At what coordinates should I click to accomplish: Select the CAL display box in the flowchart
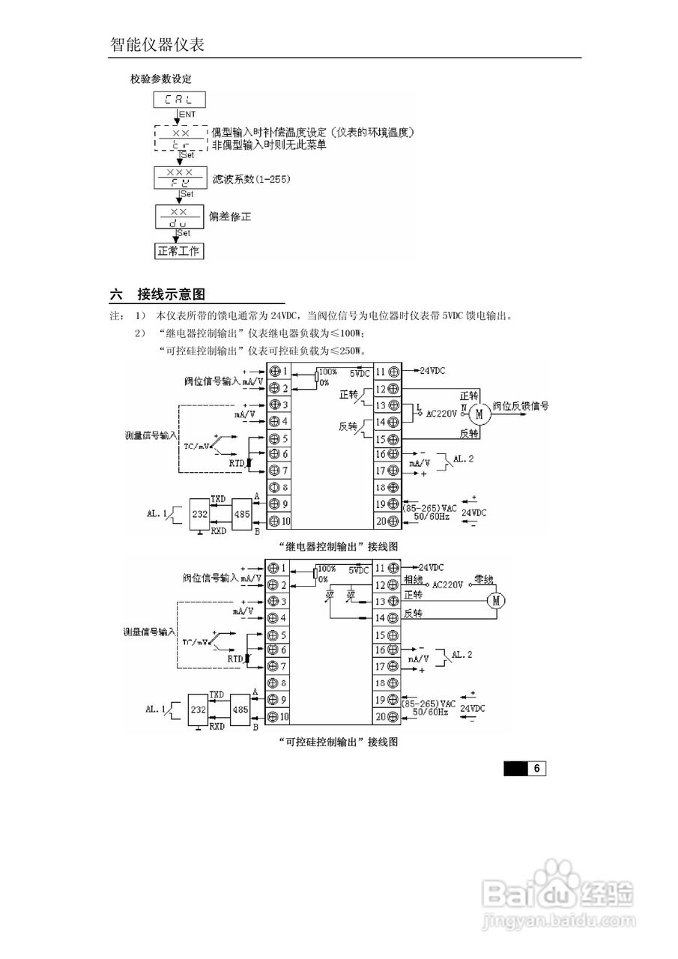pos(179,100)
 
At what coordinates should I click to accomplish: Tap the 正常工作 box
pos(178,251)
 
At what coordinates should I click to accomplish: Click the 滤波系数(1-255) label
pos(252,179)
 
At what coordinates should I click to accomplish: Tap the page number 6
pos(537,769)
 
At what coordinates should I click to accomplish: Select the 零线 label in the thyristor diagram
pos(485,579)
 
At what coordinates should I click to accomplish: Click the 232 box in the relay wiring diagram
pos(200,515)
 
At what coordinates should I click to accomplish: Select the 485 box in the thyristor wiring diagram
pos(240,709)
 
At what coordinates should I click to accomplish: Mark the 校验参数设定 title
pos(161,79)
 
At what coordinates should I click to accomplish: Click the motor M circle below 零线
pos(495,600)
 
